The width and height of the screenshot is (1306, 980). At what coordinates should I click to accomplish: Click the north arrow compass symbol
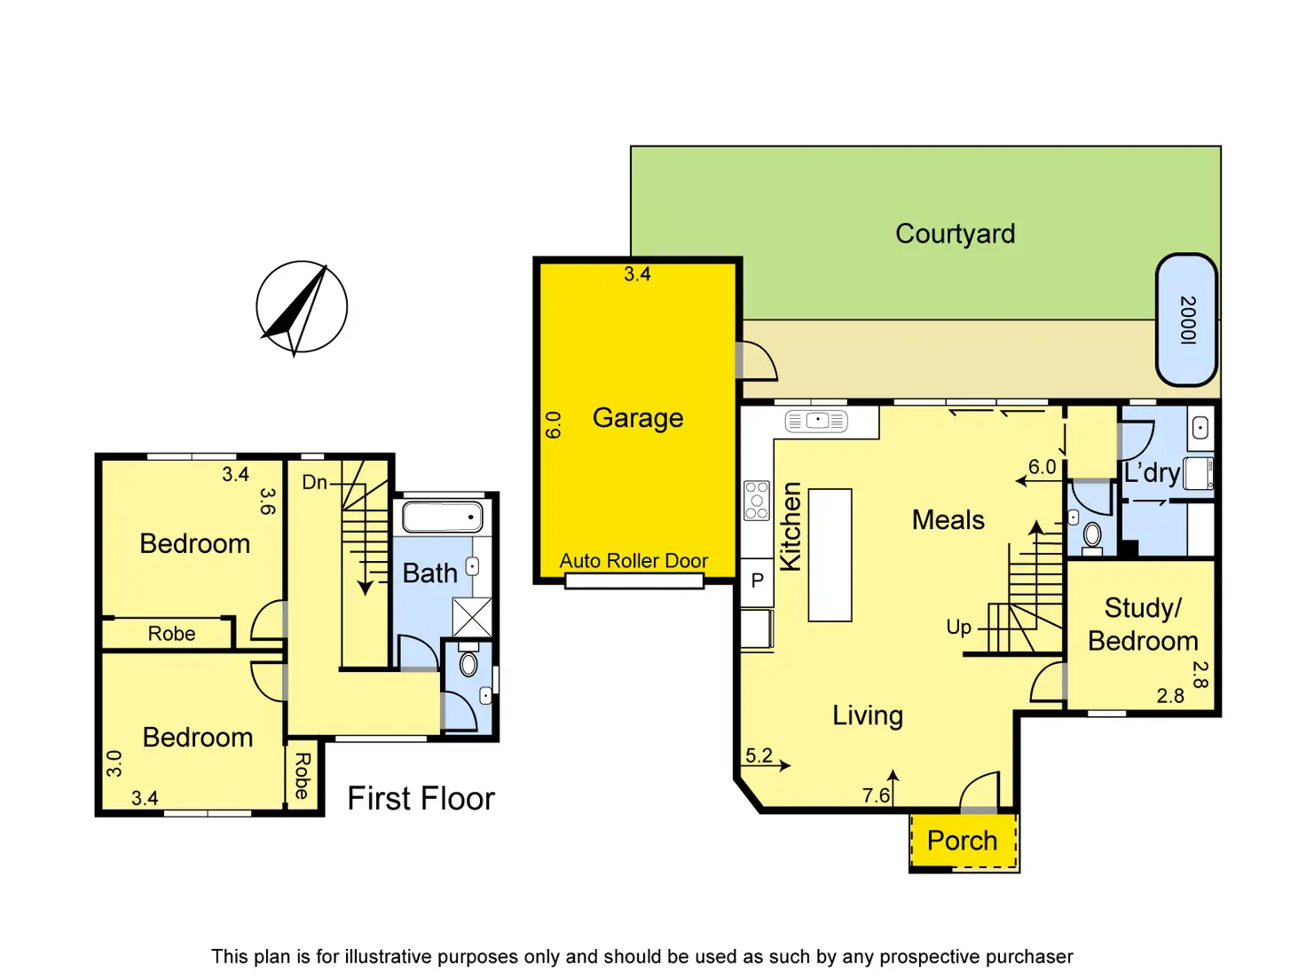point(302,307)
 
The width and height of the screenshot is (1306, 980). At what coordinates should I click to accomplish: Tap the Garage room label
point(637,417)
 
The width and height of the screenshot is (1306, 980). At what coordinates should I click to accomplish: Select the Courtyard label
point(955,233)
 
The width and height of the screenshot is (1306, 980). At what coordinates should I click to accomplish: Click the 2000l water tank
point(1186,320)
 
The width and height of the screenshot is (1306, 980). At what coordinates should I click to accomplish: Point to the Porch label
point(962,841)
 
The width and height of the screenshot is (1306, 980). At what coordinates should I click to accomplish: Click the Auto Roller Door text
point(633,561)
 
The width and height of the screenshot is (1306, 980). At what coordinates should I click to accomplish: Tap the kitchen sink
point(816,421)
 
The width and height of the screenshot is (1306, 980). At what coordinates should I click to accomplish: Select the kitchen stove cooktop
point(757,501)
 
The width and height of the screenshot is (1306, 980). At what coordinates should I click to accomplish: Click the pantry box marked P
point(757,581)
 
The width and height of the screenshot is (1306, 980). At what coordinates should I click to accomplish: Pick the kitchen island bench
point(830,555)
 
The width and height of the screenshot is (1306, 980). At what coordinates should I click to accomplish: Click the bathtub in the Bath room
point(443,517)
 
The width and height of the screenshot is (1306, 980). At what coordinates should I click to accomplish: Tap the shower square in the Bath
point(471,617)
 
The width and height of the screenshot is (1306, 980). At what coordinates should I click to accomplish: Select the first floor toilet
point(468,664)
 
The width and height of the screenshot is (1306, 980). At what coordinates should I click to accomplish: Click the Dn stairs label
point(314,483)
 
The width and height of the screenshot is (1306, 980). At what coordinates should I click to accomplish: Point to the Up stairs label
point(958,628)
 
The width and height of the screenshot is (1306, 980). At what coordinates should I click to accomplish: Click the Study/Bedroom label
point(1143,624)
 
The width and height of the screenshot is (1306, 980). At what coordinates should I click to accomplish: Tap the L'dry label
point(1152,472)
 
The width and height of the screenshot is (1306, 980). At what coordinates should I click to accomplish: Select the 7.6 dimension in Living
point(876,795)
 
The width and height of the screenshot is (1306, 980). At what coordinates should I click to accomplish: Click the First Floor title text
point(421,798)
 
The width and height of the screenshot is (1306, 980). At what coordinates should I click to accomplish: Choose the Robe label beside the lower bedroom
point(302,776)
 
